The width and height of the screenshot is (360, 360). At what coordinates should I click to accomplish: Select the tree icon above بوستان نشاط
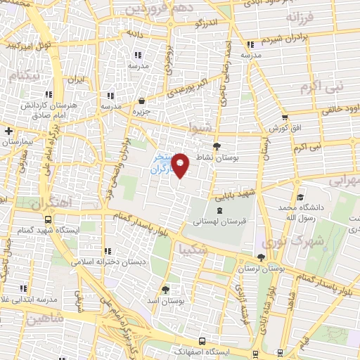(x=217, y=146)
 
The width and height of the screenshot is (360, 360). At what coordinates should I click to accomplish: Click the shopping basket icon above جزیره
(x=142, y=101)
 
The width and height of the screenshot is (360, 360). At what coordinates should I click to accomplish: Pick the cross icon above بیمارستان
(x=8, y=131)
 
